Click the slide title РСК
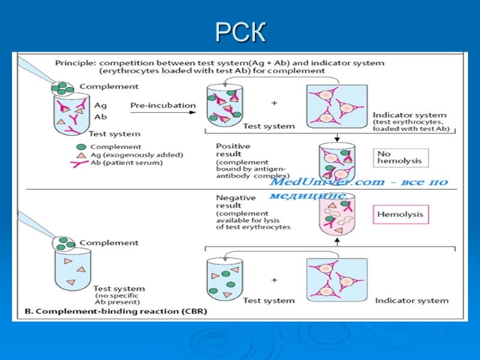tap(240, 34)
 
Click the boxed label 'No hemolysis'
tap(400, 157)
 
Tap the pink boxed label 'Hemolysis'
tap(400, 214)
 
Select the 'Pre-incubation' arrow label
tap(163, 106)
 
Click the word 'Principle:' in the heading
tap(76, 62)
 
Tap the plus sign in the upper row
tap(275, 103)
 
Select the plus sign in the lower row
tap(275, 280)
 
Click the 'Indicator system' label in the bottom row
tap(412, 301)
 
